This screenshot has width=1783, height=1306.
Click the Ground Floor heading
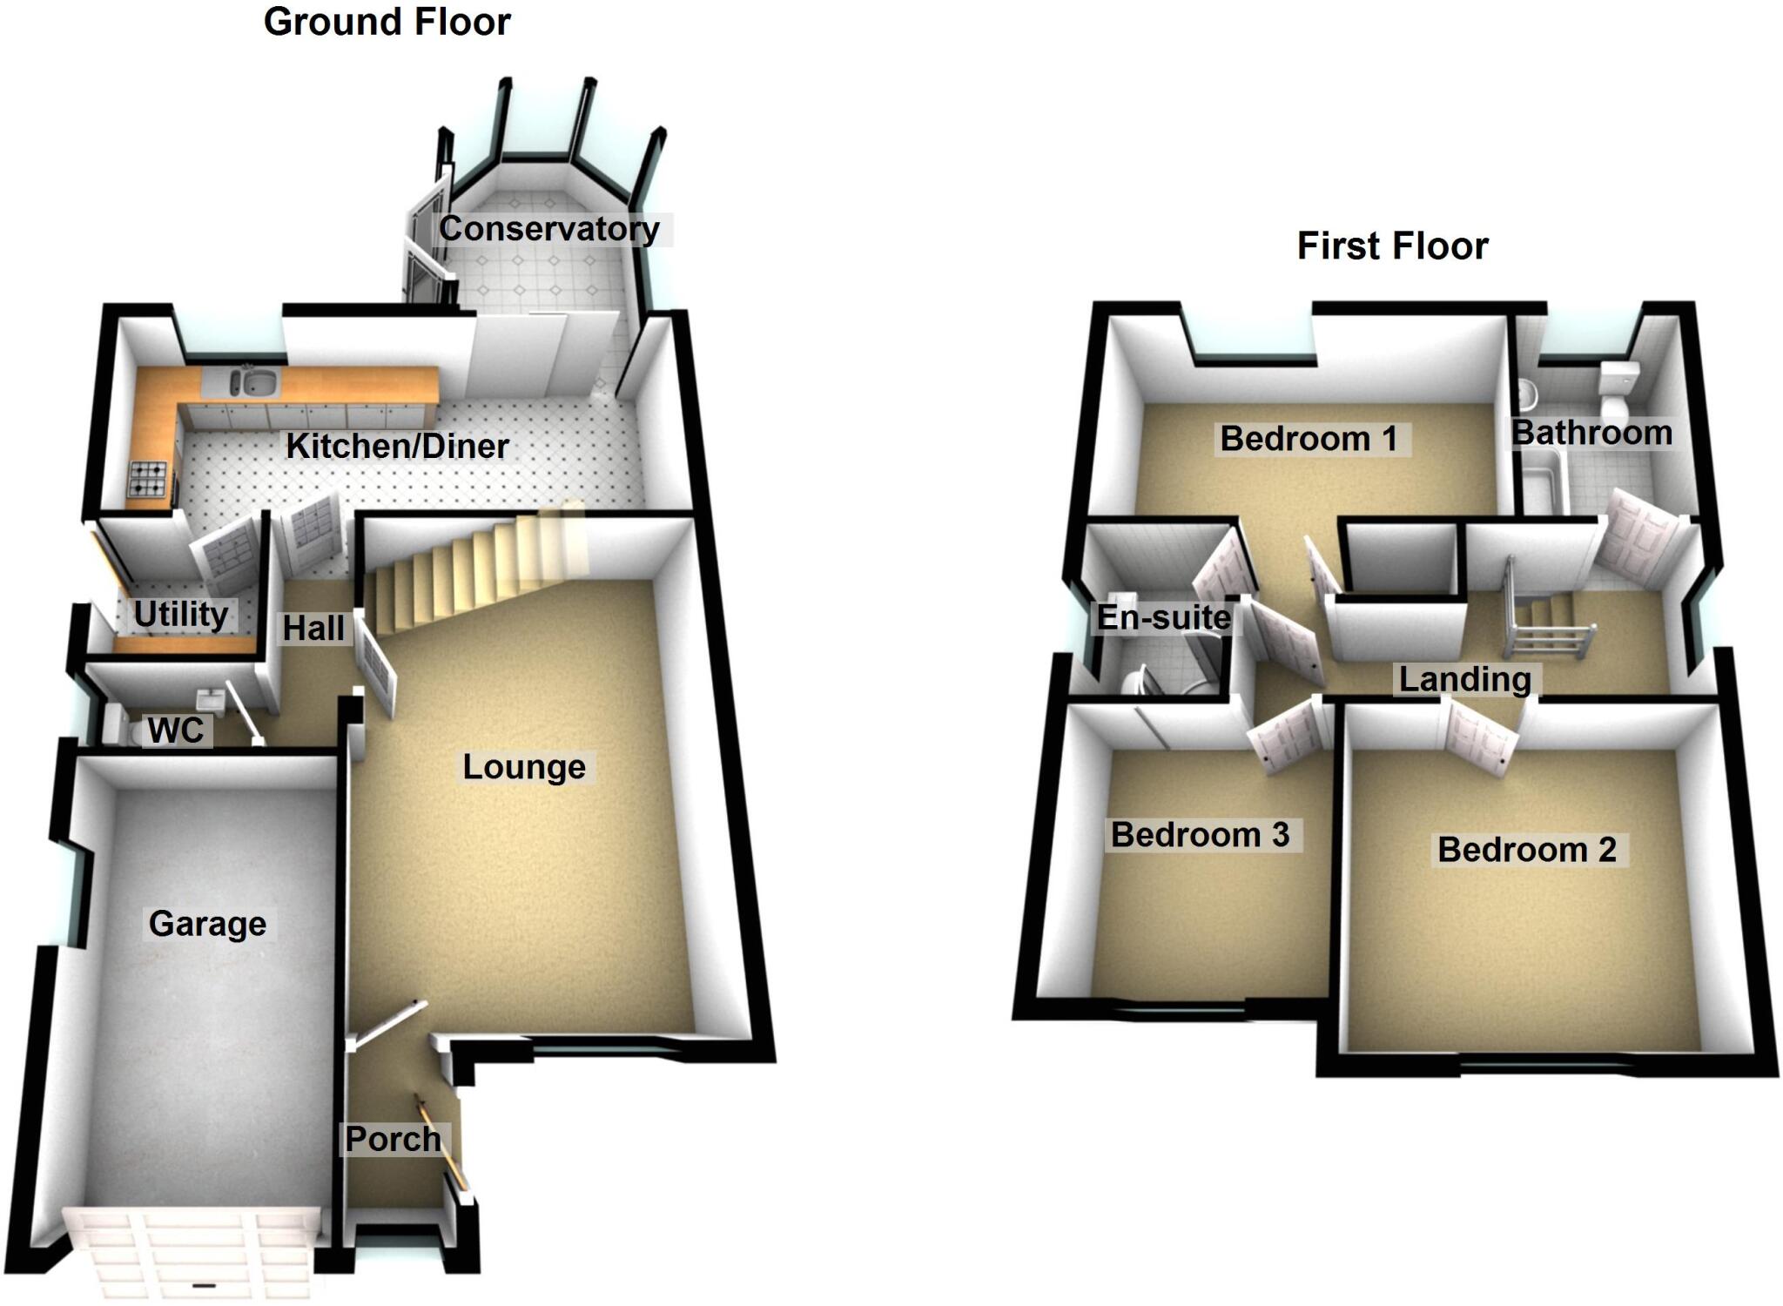coord(387,22)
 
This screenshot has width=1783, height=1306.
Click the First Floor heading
coord(1392,246)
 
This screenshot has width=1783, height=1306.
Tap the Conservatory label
coord(548,229)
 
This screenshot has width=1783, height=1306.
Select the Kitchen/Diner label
coord(397,446)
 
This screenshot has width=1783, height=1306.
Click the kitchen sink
coord(253,381)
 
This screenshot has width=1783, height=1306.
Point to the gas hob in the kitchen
coord(148,478)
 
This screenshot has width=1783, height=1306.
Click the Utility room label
coord(181,615)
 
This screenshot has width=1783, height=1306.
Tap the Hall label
coord(313,628)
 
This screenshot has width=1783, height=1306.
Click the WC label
coord(176,731)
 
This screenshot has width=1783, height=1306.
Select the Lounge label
coord(523,767)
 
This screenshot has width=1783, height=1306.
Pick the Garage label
coord(207,924)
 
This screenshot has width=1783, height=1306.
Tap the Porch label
coord(393,1139)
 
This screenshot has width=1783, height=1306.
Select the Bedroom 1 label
coord(1309,439)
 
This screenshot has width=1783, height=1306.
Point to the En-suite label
coord(1163,617)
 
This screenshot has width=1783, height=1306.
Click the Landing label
coord(1464,679)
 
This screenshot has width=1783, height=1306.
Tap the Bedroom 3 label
coord(1200,835)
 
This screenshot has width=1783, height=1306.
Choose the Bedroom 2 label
coord(1527,850)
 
